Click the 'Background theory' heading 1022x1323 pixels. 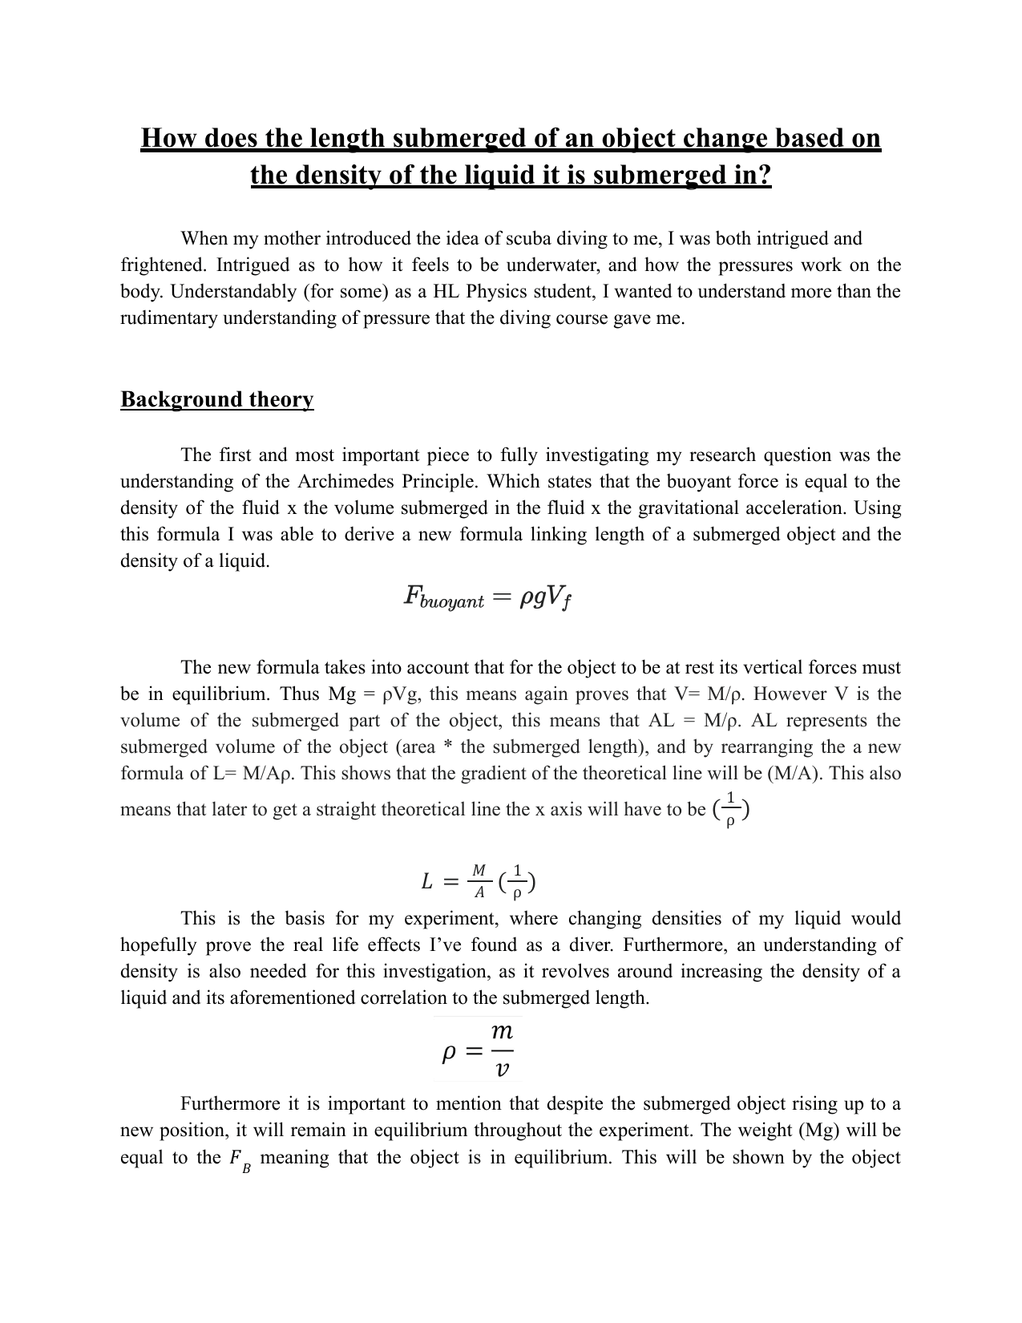tap(216, 399)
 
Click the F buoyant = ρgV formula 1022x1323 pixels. tap(487, 597)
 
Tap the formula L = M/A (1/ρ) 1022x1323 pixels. tap(479, 881)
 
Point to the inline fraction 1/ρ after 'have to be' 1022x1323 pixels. tap(729, 809)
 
